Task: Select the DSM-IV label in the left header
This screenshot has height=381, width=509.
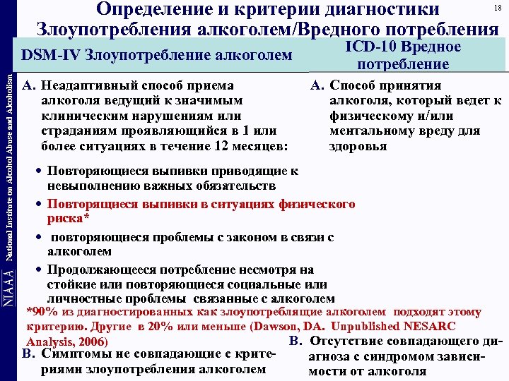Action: [51, 54]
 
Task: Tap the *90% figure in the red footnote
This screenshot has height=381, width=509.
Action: [42, 311]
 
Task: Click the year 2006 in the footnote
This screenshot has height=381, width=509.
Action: [91, 342]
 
